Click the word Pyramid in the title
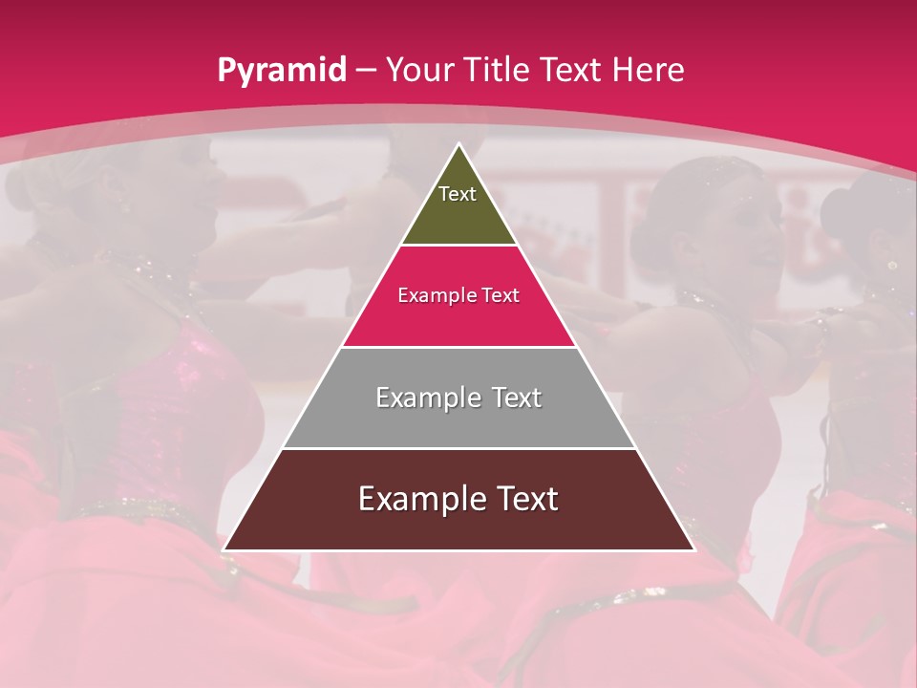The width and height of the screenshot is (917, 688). click(281, 71)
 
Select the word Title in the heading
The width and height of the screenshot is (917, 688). click(499, 71)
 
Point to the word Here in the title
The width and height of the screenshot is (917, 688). click(648, 71)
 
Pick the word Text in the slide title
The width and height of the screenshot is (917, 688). click(572, 71)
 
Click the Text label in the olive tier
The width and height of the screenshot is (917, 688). click(458, 194)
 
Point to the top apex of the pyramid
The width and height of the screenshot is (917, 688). click(458, 145)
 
